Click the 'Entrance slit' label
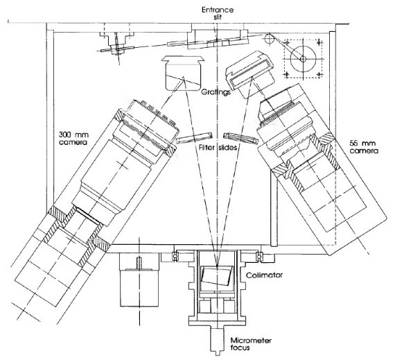pos(218,13)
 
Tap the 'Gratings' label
pos(216,92)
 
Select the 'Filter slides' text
pos(218,147)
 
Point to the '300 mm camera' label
pos(73,138)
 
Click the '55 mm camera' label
pos(364,147)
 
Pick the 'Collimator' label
pos(264,275)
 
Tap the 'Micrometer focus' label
pos(251,344)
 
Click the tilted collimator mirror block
pos(217,275)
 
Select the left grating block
pos(183,74)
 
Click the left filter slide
pos(194,138)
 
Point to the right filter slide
pos(240,138)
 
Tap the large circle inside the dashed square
pos(303,59)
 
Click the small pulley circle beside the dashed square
pos(269,39)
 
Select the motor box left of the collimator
pos(139,280)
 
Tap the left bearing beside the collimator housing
pos(175,256)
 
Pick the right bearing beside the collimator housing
pos(258,256)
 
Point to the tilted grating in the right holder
pos(249,71)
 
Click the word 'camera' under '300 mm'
pos(73,142)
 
